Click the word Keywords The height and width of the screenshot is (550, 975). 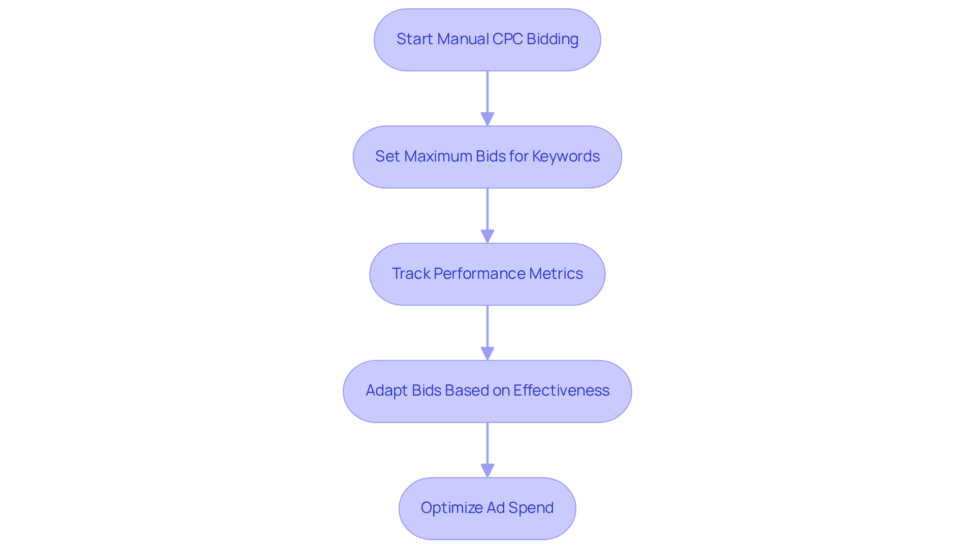(566, 156)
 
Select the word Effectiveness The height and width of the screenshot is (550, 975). (561, 391)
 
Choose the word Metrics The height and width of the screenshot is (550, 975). (556, 274)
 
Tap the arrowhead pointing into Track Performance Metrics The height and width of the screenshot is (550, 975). (487, 236)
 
